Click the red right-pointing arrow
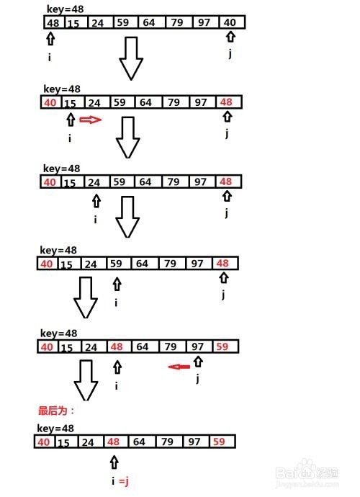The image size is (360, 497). click(90, 120)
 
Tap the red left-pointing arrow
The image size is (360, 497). click(179, 367)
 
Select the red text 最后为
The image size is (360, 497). click(53, 411)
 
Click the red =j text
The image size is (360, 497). click(124, 481)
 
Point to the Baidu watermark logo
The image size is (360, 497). click(307, 473)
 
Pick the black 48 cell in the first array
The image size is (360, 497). click(54, 22)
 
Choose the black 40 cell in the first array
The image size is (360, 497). click(231, 22)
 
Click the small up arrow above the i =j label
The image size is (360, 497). click(114, 462)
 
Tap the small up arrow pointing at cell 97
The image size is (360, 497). click(199, 362)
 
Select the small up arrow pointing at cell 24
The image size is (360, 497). click(96, 201)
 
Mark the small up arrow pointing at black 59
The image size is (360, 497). click(117, 284)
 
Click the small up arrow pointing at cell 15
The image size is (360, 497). click(71, 120)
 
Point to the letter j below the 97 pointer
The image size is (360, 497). click(198, 378)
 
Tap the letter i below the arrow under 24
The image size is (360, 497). click(95, 220)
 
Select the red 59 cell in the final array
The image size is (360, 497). click(222, 442)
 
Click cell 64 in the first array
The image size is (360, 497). click(151, 22)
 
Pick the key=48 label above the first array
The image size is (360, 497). click(65, 9)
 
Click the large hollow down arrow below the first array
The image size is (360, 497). click(131, 58)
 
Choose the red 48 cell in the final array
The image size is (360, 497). click(116, 442)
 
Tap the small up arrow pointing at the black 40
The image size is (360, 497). click(230, 36)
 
